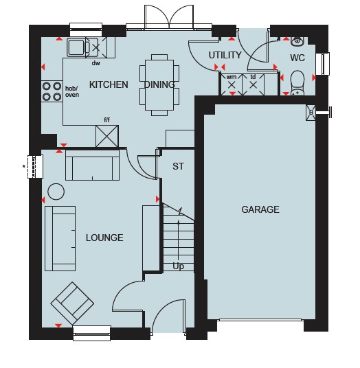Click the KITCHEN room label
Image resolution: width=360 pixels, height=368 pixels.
pyautogui.click(x=109, y=84)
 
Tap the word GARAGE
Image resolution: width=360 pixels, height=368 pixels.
pyautogui.click(x=260, y=209)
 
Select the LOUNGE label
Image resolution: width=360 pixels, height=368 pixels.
pyautogui.click(x=104, y=238)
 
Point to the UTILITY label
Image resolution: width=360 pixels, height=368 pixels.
pyautogui.click(x=225, y=55)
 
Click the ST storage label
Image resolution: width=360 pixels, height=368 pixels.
pyautogui.click(x=178, y=166)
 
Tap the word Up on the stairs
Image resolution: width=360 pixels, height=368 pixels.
pyautogui.click(x=178, y=266)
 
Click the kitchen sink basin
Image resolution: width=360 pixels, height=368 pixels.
pyautogui.click(x=76, y=47)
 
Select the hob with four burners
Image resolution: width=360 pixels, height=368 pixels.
pyautogui.click(x=52, y=91)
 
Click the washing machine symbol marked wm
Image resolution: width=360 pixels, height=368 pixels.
pyautogui.click(x=232, y=84)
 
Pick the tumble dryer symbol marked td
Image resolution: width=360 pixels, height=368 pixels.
pyautogui.click(x=253, y=84)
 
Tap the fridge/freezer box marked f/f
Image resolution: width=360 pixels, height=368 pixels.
pyautogui.click(x=107, y=137)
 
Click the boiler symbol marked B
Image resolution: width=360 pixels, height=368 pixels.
pyautogui.click(x=311, y=113)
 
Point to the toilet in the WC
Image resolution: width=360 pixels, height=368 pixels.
pyautogui.click(x=297, y=83)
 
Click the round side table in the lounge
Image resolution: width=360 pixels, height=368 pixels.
pyautogui.click(x=56, y=192)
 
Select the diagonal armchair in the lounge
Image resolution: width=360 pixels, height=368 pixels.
pyautogui.click(x=72, y=303)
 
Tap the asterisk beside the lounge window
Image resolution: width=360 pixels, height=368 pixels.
pyautogui.click(x=23, y=167)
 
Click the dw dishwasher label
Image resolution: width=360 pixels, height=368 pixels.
pyautogui.click(x=95, y=63)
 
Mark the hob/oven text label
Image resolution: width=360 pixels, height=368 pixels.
pyautogui.click(x=72, y=91)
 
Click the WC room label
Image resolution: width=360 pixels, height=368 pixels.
pyautogui.click(x=297, y=58)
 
